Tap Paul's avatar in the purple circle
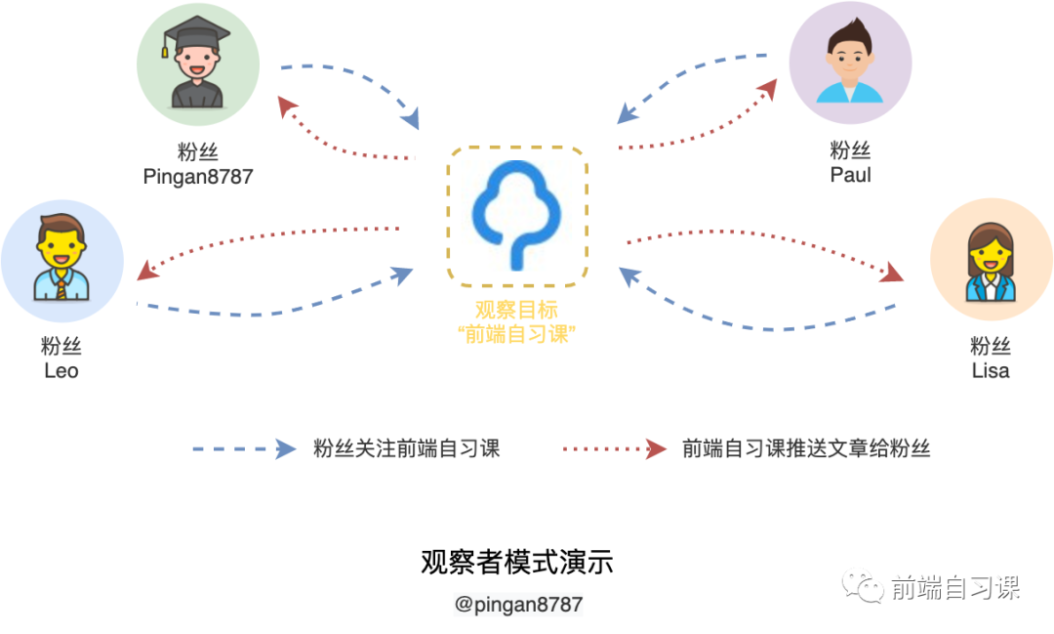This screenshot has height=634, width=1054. pyautogui.click(x=850, y=64)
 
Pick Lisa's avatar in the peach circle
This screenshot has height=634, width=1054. pyautogui.click(x=992, y=260)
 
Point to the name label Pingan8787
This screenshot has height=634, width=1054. pyautogui.click(x=198, y=176)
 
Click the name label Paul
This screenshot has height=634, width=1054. pyautogui.click(x=850, y=176)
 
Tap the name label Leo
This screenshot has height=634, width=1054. pyautogui.click(x=61, y=371)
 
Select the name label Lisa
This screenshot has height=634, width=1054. pyautogui.click(x=991, y=371)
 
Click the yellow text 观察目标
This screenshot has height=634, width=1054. pyautogui.click(x=517, y=311)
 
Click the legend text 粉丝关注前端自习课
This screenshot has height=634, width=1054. pyautogui.click(x=406, y=449)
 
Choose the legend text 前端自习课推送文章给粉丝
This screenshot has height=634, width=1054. pyautogui.click(x=806, y=449)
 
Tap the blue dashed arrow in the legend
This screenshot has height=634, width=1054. pyautogui.click(x=244, y=449)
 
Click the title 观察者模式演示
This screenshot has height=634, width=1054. pyautogui.click(x=517, y=563)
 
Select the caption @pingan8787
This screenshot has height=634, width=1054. pyautogui.click(x=518, y=604)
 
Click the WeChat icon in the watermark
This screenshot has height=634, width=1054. pyautogui.click(x=866, y=587)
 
